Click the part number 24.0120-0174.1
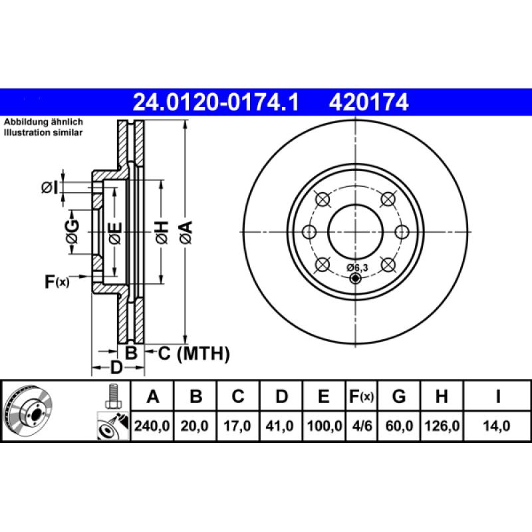click(x=216, y=102)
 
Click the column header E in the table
click(x=323, y=397)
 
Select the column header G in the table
click(x=399, y=397)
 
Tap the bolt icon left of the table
click(x=112, y=397)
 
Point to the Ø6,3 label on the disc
click(x=358, y=267)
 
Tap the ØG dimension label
click(x=72, y=232)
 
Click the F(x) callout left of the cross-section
click(x=57, y=281)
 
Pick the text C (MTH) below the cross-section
click(x=194, y=353)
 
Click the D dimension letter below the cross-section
click(x=116, y=368)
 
